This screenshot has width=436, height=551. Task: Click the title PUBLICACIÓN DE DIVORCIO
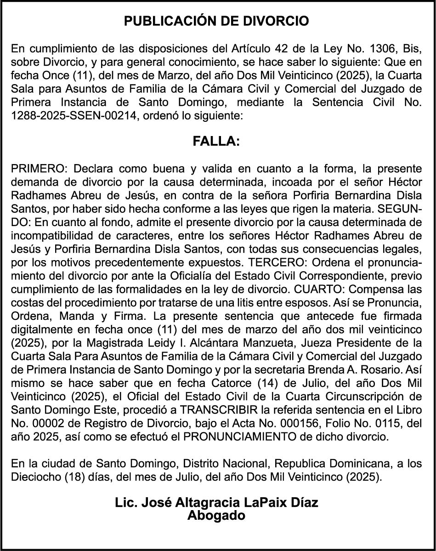tap(217, 21)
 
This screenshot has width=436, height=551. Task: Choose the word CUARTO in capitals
tap(313, 290)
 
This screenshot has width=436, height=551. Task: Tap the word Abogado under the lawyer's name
tap(216, 515)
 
